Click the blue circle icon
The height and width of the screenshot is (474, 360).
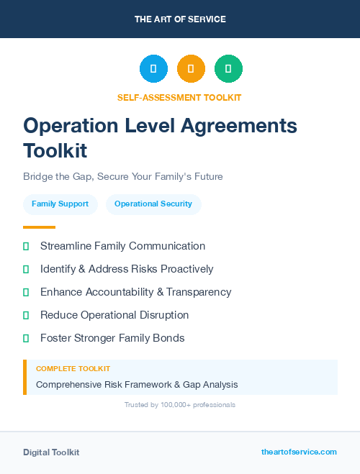pos(153,68)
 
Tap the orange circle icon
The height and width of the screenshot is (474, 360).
pos(191,68)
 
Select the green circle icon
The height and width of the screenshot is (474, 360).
pos(228,68)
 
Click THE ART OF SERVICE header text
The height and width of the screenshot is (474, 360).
pos(180,19)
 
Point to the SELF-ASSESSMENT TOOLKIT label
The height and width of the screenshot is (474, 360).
pos(179,97)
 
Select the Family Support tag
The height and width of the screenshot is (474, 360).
pos(60,204)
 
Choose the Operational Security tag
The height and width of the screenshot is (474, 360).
pos(153,204)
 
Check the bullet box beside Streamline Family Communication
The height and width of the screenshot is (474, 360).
pos(26,246)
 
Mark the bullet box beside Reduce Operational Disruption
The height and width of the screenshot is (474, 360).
pos(26,315)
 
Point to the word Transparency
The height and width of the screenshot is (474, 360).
pos(199,292)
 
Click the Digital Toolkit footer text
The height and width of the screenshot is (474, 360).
pos(51,452)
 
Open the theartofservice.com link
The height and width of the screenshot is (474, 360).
pos(299,452)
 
